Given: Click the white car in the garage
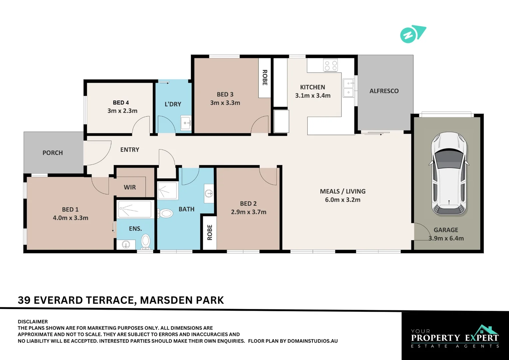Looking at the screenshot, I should coord(449,173).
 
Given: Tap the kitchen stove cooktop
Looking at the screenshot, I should coord(331,65).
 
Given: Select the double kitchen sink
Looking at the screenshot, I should coord(348,88).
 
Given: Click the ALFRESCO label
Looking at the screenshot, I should coord(384,91).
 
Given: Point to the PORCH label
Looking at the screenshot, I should coord(53,153).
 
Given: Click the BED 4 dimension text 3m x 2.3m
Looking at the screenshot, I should coord(122,111).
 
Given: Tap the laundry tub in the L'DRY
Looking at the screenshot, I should coord(186,123).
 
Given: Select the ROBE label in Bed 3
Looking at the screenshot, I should coord(265,78).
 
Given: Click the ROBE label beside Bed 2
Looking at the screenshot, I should coord(210,232).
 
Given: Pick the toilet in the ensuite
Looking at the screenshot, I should coord(146,242).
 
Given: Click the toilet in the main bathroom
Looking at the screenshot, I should coord(165,213).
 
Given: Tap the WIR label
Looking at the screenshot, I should coord(130,187).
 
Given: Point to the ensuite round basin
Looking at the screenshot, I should coord(126,245).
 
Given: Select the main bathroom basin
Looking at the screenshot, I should coord(209,193).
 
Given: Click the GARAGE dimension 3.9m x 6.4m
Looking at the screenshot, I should coord(446,238).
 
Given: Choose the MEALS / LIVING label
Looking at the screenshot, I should coord(342,191).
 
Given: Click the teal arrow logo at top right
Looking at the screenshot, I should coord(413,34).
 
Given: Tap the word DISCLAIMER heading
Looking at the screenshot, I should coord(33,322).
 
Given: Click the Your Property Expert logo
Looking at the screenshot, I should coord(455,337).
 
